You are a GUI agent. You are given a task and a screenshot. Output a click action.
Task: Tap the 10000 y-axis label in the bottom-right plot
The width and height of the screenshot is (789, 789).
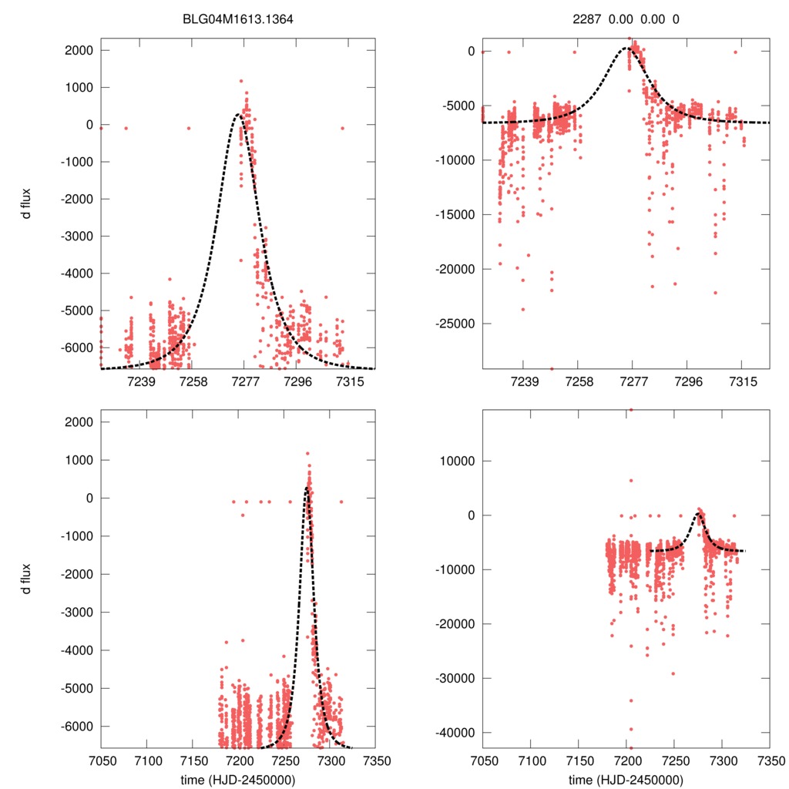[x=458, y=461]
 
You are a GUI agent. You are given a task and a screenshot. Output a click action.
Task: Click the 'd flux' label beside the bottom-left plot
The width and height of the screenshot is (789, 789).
[x=26, y=578]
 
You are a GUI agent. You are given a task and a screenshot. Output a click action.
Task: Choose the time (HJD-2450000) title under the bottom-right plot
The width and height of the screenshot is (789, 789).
[x=626, y=779]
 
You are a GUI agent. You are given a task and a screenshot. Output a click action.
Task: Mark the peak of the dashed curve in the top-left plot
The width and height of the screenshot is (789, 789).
[x=239, y=115]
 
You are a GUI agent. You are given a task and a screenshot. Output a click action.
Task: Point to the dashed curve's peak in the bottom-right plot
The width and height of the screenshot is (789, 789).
[x=698, y=512]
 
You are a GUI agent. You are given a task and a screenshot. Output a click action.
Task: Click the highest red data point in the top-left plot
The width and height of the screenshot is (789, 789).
[x=241, y=80]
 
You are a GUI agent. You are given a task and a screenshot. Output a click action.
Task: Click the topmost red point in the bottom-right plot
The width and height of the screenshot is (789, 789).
[x=630, y=410]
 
